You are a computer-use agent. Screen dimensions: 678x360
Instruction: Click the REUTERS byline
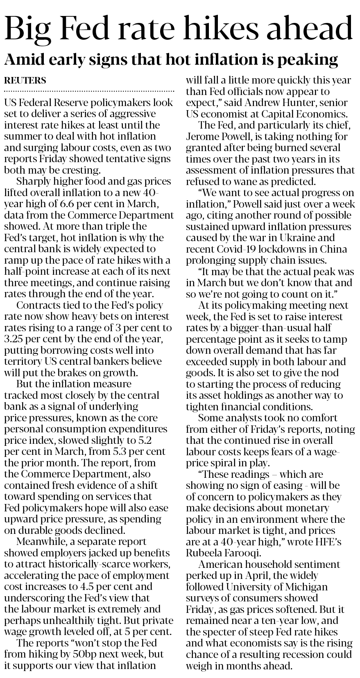(x=25, y=80)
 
